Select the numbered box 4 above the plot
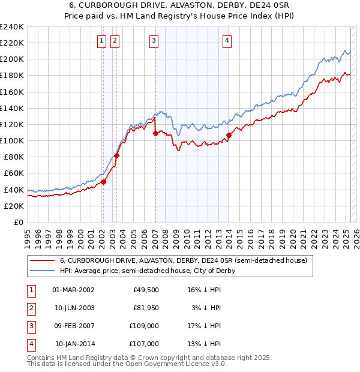coord(227,41)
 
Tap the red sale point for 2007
coord(155,134)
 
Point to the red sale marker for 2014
coord(229,135)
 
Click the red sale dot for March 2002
coord(103,182)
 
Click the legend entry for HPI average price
coord(148,271)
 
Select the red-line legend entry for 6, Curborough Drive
coord(183,260)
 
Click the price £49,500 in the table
coord(146,289)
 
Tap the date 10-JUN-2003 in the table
coord(74,308)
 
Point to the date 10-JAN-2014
coord(74,344)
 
